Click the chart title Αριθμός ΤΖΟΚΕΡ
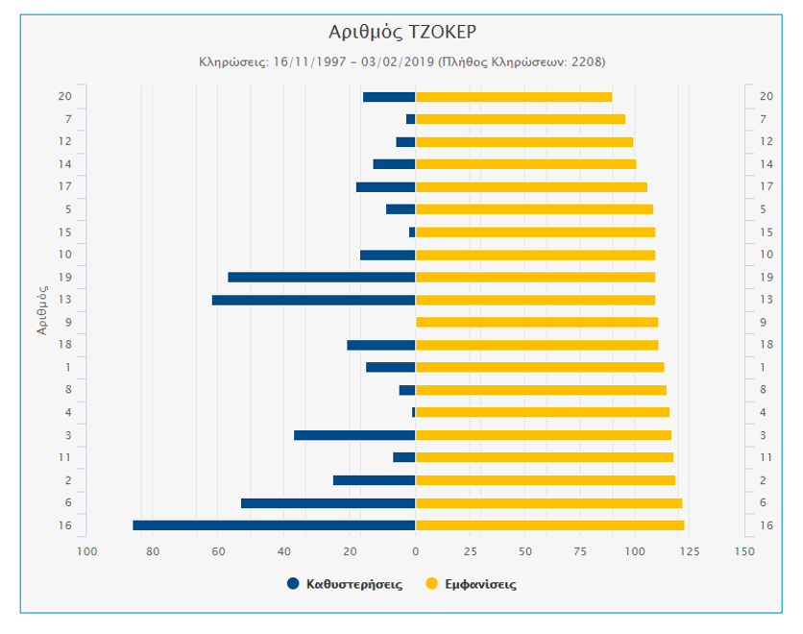(401, 32)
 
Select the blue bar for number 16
(274, 525)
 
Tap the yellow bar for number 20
(513, 97)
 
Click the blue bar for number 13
(313, 300)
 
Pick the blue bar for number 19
(321, 278)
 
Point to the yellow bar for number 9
(536, 322)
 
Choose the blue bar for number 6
(328, 503)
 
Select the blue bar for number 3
(354, 435)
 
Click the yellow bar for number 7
(520, 119)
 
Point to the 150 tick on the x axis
(743, 551)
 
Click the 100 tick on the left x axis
(87, 551)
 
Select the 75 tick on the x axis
(579, 551)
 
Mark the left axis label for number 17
(65, 186)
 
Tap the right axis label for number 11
(766, 457)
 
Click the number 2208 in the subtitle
(586, 61)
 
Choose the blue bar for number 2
(374, 480)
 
